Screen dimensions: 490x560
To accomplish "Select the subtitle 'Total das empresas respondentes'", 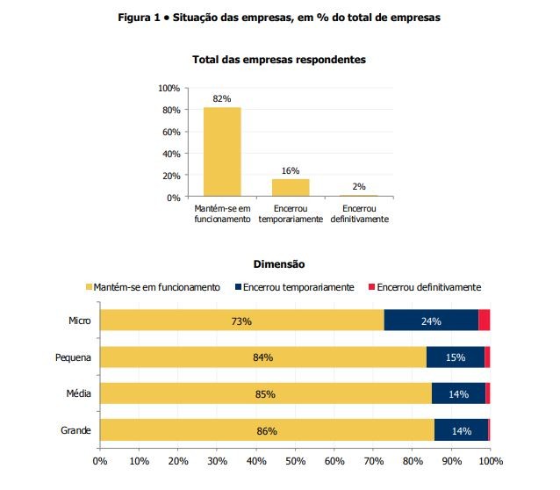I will tap(279, 60).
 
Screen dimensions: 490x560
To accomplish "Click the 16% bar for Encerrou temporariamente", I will tap(291, 187).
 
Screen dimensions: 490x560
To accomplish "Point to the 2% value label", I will tap(358, 186).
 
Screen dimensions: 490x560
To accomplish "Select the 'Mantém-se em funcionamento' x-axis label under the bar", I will tap(222, 213).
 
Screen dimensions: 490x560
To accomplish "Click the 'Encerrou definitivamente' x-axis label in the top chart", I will tap(359, 213).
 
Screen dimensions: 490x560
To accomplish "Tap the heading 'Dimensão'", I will tap(278, 263).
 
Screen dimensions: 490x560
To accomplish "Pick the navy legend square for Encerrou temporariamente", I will tap(239, 287).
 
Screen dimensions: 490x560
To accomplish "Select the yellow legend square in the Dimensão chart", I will tap(89, 287).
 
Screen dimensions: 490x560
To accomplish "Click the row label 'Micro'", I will tap(80, 321).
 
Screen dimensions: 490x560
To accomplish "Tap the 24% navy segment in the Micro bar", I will tap(431, 321).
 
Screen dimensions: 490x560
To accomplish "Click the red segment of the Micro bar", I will tap(484, 321).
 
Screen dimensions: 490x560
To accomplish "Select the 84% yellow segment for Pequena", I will tap(262, 357).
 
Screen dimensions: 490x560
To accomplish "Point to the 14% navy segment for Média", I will tap(458, 393).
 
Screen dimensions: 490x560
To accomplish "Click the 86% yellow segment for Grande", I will tap(267, 430).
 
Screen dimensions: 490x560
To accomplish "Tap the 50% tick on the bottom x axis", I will tap(295, 460).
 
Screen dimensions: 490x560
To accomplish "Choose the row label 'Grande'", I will tap(77, 430).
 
